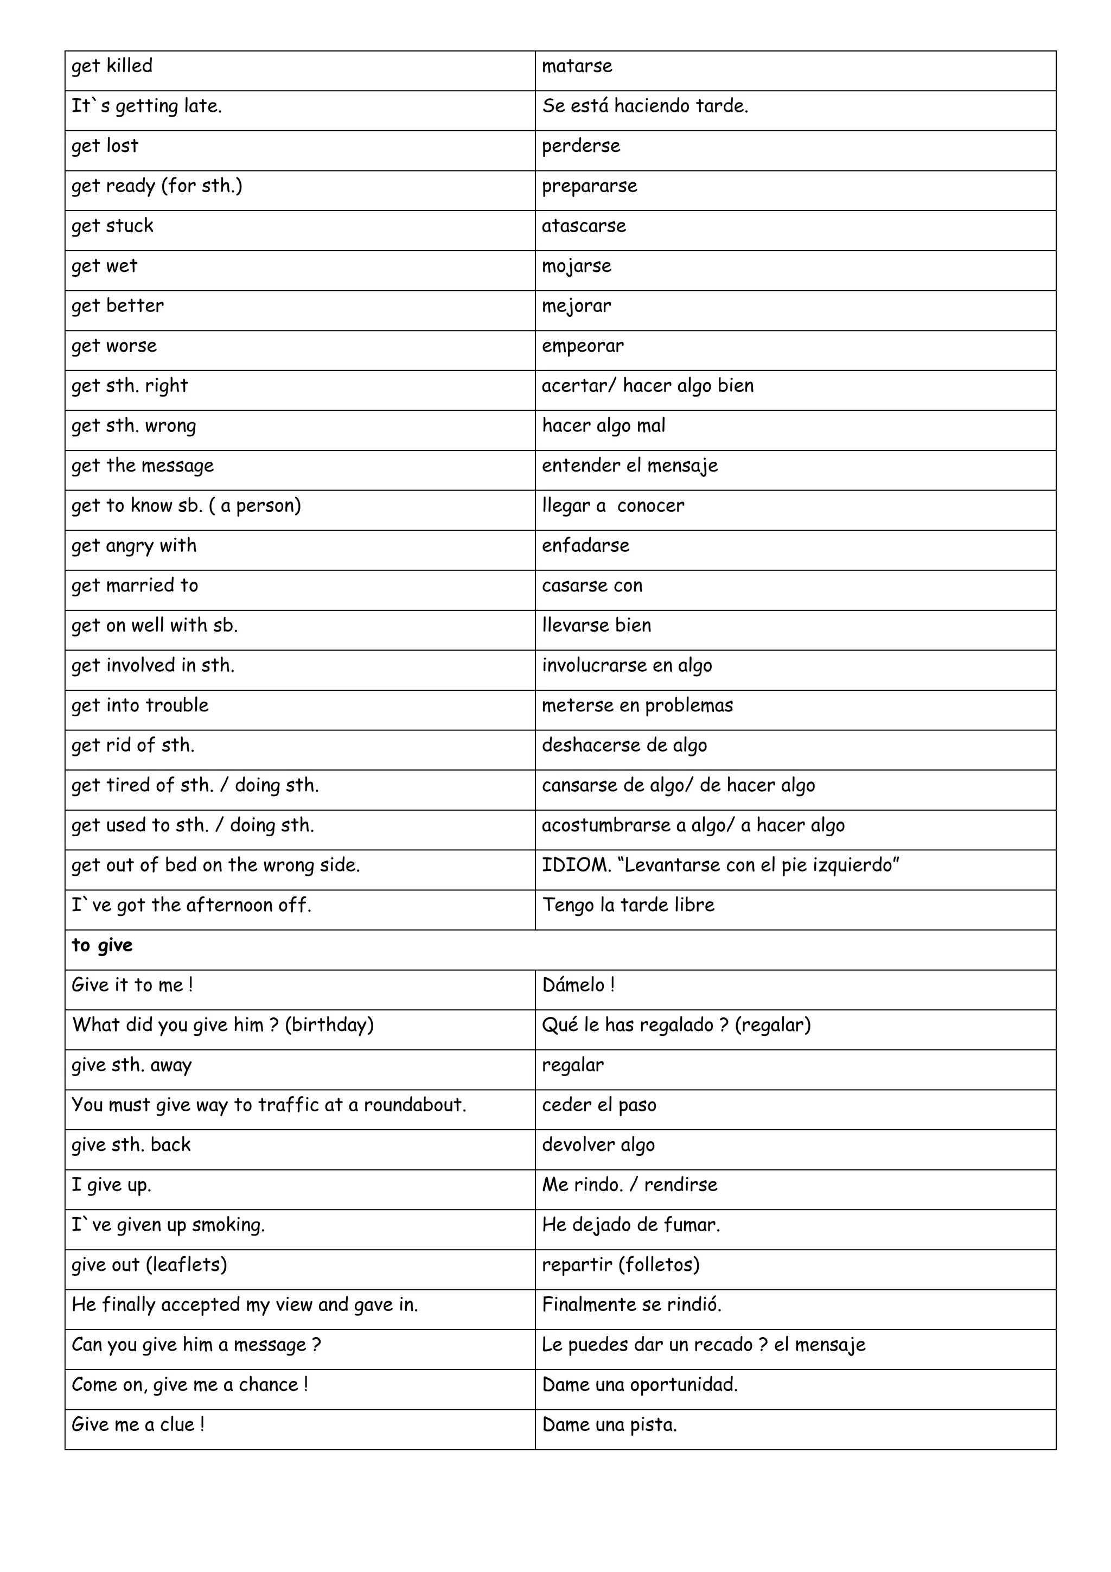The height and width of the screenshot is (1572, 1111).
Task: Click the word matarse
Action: click(x=577, y=66)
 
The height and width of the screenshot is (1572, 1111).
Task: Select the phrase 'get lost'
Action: click(x=105, y=147)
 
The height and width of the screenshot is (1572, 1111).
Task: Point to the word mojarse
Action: click(x=576, y=266)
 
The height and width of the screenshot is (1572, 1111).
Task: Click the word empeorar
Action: click(x=583, y=346)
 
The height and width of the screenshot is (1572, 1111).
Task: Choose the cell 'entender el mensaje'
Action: click(x=630, y=466)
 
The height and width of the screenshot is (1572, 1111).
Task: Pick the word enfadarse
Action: click(x=585, y=546)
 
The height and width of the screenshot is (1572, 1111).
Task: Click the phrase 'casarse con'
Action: click(x=592, y=585)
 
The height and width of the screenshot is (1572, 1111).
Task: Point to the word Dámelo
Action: click(x=573, y=985)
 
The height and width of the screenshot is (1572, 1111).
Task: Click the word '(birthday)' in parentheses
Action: click(x=329, y=1025)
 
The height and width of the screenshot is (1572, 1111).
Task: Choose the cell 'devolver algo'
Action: click(x=598, y=1145)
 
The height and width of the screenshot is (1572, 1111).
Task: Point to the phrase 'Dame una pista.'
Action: click(x=609, y=1425)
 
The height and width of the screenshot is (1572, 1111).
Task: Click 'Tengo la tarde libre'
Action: click(x=628, y=905)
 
